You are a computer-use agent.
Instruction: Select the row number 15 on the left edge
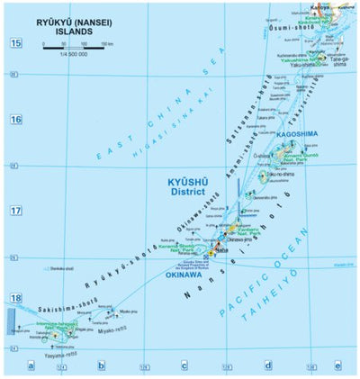[x=15, y=43]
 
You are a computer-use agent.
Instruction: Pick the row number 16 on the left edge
[x=15, y=119]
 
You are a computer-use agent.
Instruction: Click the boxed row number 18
[x=15, y=298]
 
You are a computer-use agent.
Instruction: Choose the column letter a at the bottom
[x=31, y=365]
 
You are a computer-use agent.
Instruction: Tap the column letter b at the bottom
[x=102, y=365]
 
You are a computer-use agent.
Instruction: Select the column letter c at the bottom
[x=184, y=365]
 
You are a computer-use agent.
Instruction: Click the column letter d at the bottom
[x=267, y=365]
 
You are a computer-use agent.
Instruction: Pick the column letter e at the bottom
[x=337, y=365]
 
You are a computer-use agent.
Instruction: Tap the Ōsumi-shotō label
[x=321, y=32]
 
